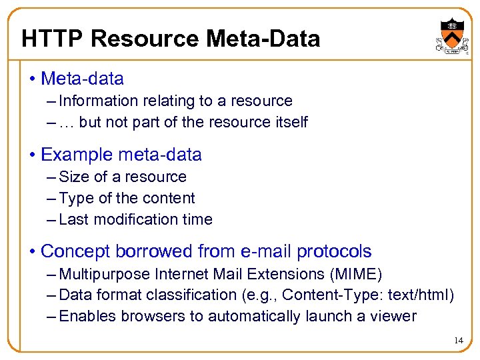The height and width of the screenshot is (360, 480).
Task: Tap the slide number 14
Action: (x=458, y=341)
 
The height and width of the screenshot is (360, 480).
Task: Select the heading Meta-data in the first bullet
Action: (x=82, y=79)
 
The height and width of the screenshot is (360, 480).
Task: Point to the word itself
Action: (x=291, y=123)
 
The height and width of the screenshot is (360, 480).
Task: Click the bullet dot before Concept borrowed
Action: (x=33, y=252)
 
